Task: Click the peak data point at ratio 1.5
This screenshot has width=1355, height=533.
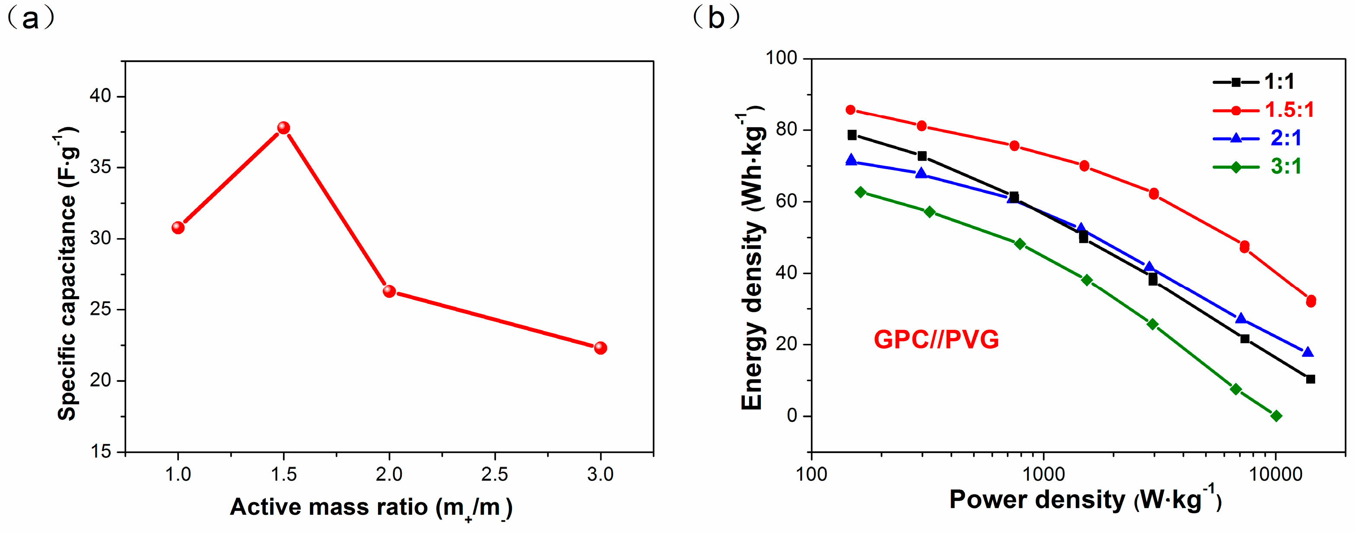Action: pyautogui.click(x=283, y=128)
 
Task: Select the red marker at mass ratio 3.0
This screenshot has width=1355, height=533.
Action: pyautogui.click(x=600, y=348)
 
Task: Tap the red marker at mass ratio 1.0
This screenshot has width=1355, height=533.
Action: pyautogui.click(x=178, y=227)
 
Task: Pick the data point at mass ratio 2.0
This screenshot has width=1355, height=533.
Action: pyautogui.click(x=389, y=291)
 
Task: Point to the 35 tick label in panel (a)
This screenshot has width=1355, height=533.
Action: pyautogui.click(x=100, y=167)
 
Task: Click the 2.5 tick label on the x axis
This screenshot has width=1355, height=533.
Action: pyautogui.click(x=494, y=475)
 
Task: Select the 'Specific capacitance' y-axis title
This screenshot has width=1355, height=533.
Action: pyautogui.click(x=67, y=273)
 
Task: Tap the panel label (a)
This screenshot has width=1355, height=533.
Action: pyautogui.click(x=30, y=19)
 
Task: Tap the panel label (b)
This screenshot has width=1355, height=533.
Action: pyautogui.click(x=716, y=19)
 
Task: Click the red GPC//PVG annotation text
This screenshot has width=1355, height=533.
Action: pyautogui.click(x=936, y=340)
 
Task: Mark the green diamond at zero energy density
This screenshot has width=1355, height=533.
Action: pyautogui.click(x=1276, y=416)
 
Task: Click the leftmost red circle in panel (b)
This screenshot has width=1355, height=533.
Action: pyautogui.click(x=851, y=110)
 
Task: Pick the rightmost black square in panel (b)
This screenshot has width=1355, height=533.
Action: pyautogui.click(x=1310, y=379)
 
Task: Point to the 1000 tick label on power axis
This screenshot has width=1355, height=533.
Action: pyautogui.click(x=1043, y=475)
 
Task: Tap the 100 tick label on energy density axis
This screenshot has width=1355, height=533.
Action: pyautogui.click(x=781, y=58)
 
